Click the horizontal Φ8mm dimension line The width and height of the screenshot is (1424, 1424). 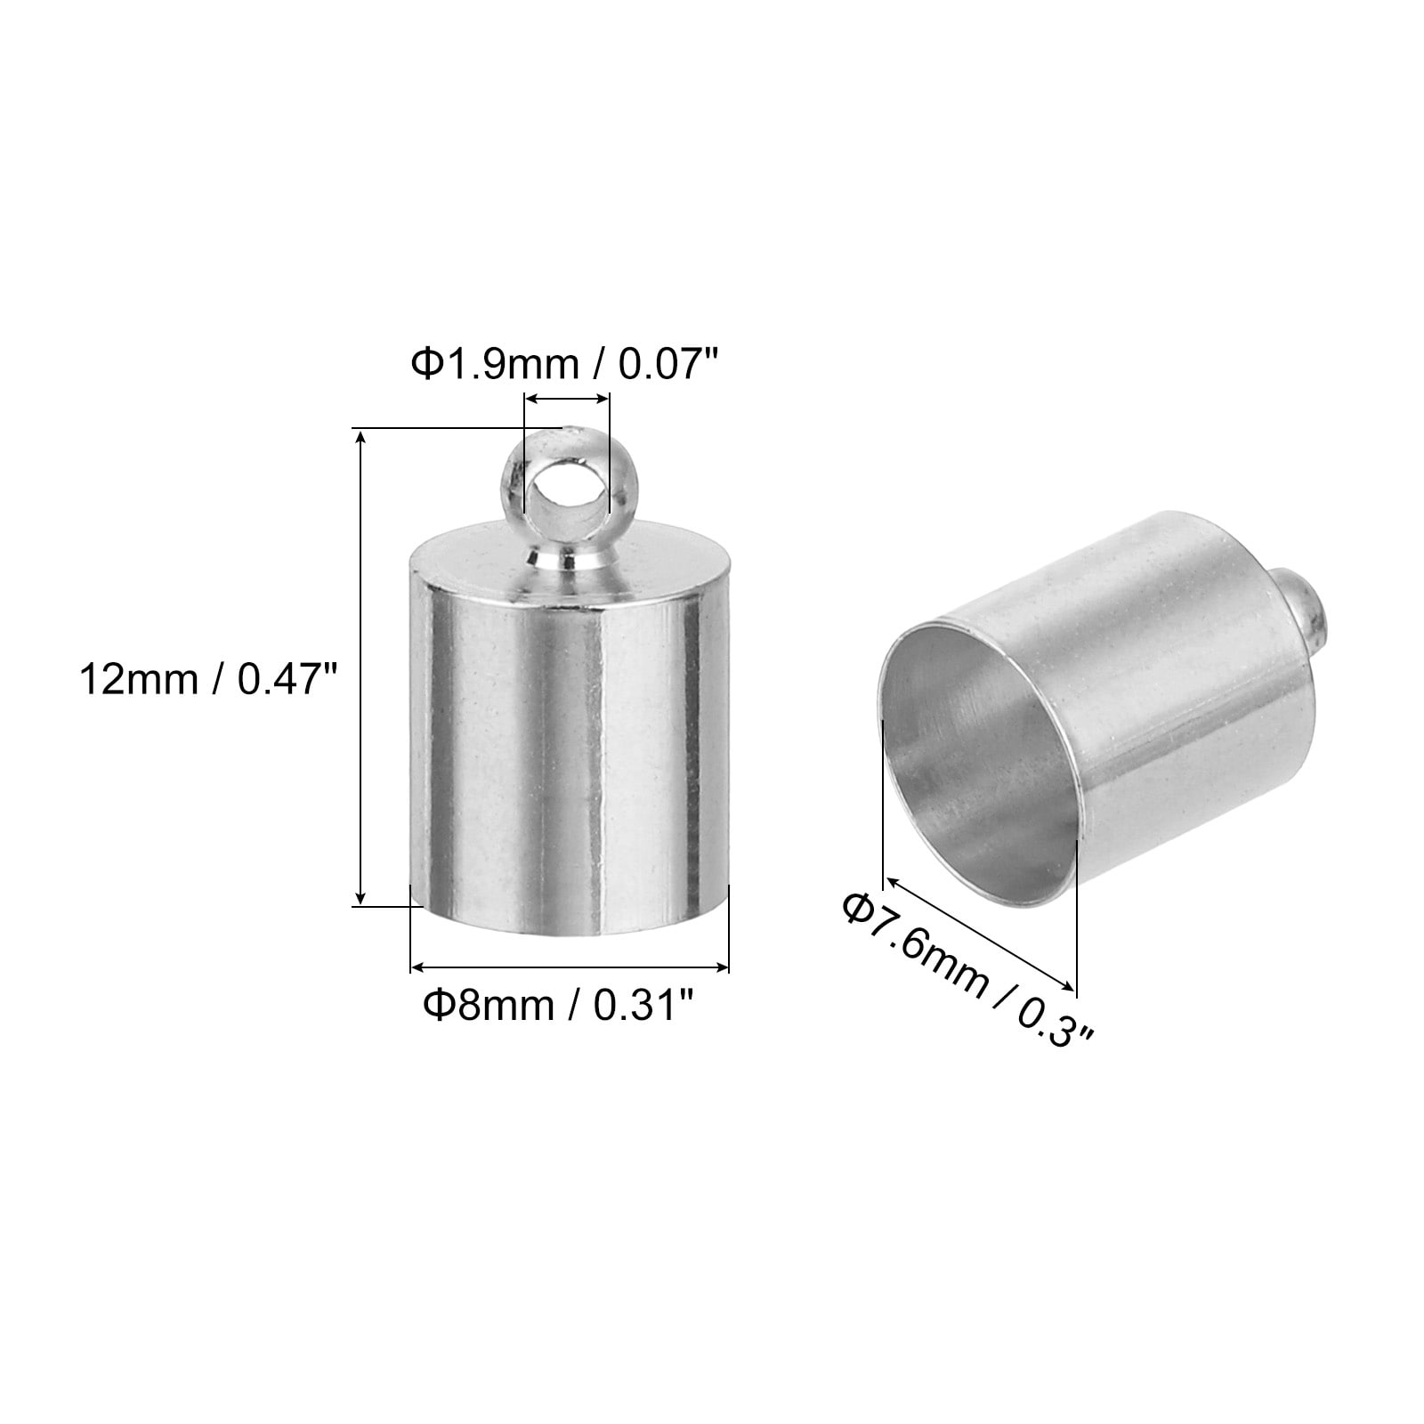click(570, 967)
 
